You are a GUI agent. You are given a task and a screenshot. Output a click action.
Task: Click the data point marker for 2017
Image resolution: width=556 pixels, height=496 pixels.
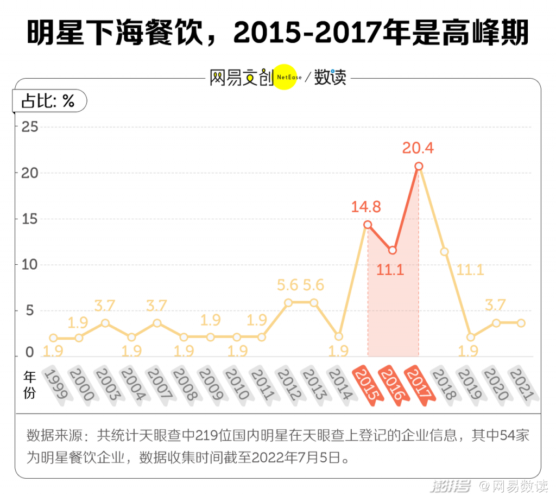coord(419,167)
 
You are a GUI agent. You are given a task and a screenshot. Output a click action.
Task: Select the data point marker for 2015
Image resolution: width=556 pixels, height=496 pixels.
coord(368,225)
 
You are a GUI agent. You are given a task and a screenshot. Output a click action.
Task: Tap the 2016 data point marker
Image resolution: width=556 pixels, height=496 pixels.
coord(393,250)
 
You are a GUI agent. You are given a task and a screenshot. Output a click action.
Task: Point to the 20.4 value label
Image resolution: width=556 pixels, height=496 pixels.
coord(418,148)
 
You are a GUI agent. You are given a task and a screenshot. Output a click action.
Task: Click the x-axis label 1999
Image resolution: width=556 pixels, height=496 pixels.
coord(55,385)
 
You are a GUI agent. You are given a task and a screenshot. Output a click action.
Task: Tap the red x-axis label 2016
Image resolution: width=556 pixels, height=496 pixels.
coord(393,385)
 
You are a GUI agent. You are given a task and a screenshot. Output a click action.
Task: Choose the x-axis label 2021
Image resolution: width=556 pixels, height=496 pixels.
coord(521,385)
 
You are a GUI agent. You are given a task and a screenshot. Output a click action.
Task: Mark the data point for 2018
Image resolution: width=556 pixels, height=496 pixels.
coord(444,252)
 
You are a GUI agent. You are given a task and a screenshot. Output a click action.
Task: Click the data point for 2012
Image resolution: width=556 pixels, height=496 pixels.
coord(288,302)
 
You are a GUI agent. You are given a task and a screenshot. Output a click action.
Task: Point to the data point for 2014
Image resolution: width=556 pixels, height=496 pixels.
coord(339,336)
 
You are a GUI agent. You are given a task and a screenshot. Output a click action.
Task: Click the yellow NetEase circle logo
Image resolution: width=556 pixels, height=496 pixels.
coord(285,78)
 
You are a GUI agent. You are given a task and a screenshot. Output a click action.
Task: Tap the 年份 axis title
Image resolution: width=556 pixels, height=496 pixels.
coord(30,384)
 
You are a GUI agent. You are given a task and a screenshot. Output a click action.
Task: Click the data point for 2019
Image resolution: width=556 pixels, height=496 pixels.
coord(470,337)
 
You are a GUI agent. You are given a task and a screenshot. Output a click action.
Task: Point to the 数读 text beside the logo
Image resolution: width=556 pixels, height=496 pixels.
coord(330,78)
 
